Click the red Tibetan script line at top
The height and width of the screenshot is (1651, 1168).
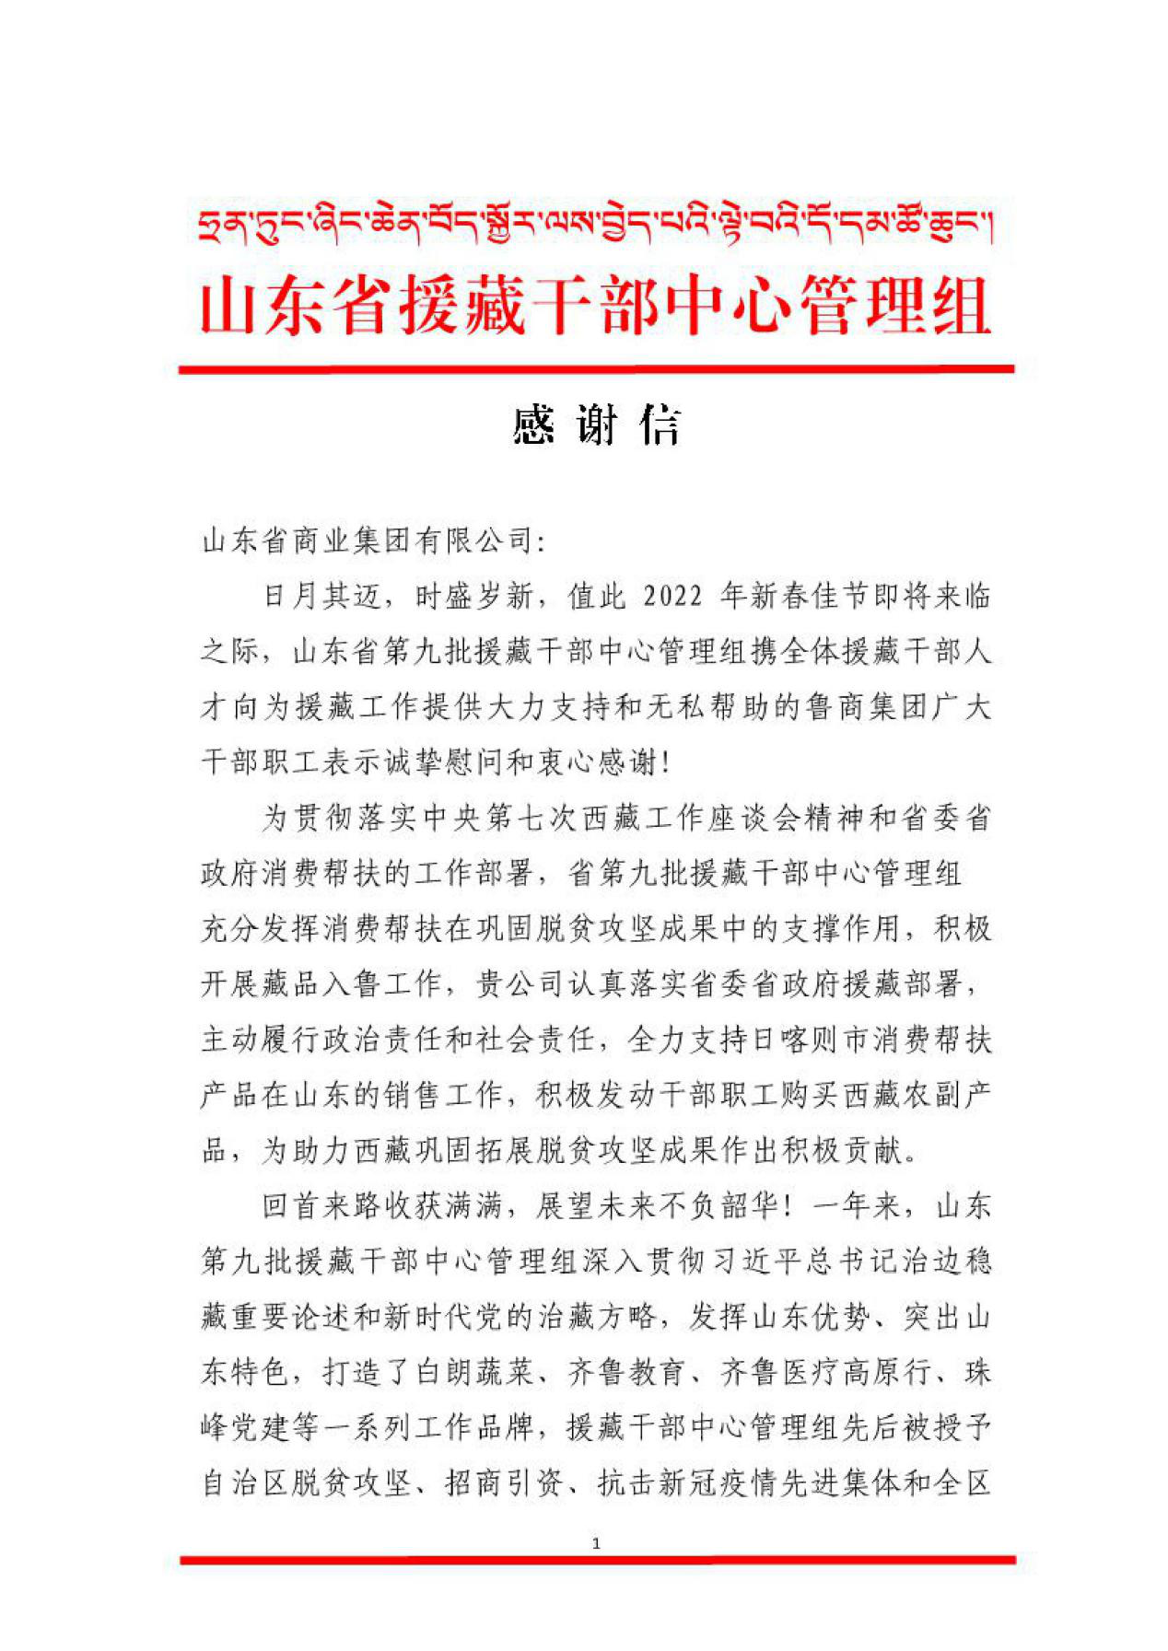point(595,225)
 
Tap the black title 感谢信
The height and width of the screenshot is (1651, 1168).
point(596,425)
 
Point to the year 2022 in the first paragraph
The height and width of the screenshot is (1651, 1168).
point(672,597)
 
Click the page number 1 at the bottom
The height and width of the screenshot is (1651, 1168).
point(596,1542)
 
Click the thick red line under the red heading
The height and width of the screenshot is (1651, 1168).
point(596,369)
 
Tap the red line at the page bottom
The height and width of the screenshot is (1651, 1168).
point(596,1560)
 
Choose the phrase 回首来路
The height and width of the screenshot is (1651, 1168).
point(321,1205)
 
